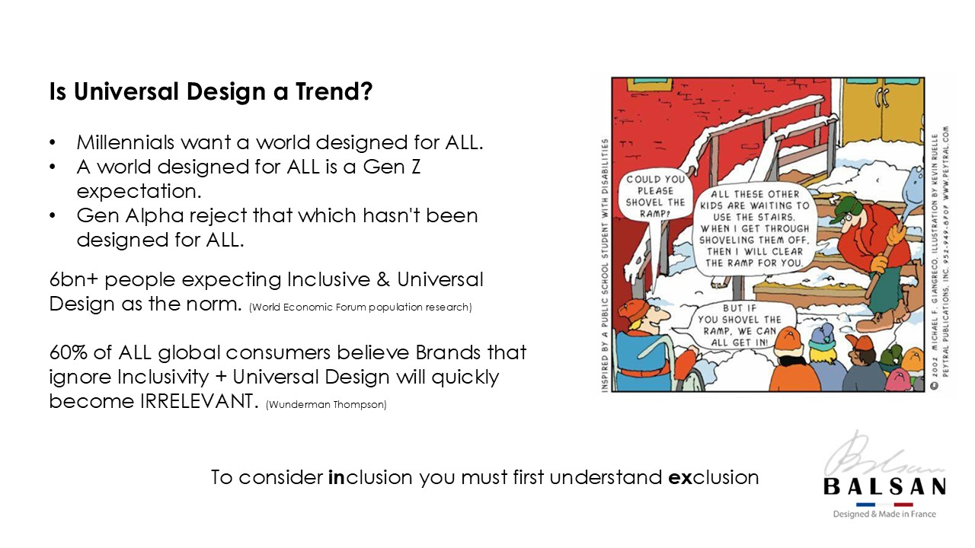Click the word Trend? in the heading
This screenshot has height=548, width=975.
(334, 91)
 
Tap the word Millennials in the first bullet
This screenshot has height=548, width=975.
(126, 142)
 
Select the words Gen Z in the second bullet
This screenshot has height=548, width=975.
(392, 167)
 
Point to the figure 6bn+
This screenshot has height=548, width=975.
(74, 279)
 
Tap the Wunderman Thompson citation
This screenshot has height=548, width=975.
(326, 404)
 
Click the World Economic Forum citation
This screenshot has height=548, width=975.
(360, 307)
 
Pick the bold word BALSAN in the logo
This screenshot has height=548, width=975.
(885, 486)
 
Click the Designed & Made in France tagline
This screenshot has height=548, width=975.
(884, 514)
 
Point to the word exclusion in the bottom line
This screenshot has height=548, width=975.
(714, 477)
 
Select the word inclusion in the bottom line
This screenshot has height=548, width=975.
(370, 477)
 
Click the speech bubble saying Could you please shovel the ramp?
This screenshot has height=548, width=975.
(655, 196)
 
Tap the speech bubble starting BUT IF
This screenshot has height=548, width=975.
(739, 325)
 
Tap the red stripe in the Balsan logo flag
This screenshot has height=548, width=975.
(903, 505)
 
